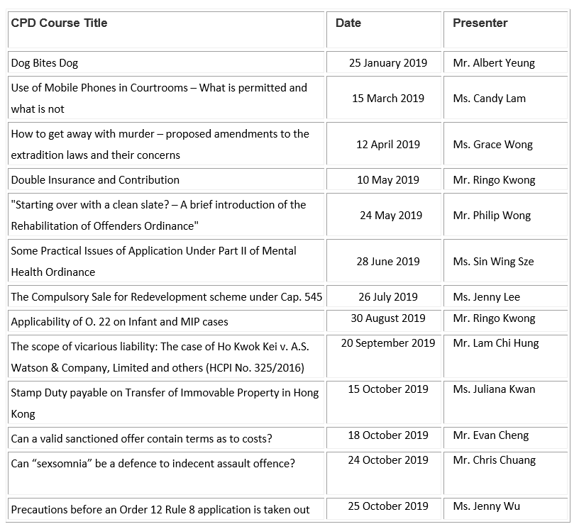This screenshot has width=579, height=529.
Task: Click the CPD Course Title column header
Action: [59, 23]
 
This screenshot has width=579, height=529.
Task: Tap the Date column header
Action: [348, 23]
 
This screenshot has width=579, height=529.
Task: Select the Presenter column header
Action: [480, 23]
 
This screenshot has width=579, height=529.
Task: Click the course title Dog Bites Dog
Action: [44, 63]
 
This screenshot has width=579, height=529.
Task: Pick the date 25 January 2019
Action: [387, 63]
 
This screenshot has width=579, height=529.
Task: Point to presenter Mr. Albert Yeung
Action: [493, 63]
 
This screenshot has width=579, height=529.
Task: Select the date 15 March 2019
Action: [387, 99]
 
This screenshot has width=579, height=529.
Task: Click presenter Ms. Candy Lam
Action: [489, 99]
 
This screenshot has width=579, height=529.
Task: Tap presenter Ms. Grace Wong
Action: [492, 145]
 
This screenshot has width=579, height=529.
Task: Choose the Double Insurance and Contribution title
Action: [95, 180]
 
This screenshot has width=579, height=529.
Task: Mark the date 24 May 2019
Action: [390, 216]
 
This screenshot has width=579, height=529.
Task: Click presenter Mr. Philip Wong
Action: [491, 216]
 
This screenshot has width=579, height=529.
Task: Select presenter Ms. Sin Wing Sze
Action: [493, 262]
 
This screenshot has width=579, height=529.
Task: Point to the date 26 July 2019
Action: [387, 297]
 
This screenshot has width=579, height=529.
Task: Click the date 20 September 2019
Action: [387, 343]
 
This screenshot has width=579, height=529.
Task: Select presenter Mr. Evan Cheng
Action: [490, 435]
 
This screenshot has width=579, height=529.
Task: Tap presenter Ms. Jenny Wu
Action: [486, 506]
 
